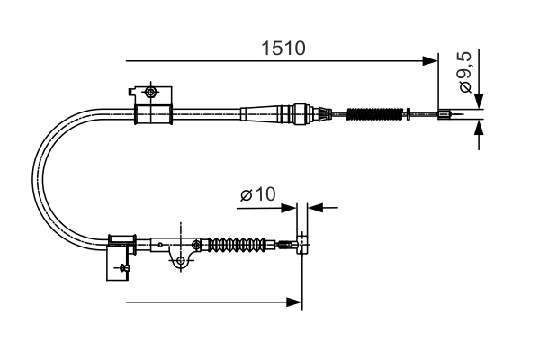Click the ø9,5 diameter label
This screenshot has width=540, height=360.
tap(465, 75)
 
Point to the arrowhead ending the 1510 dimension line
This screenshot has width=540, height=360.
tap(431, 61)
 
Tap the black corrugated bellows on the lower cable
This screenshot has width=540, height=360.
tap(238, 244)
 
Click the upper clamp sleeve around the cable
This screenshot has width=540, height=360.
tap(152, 114)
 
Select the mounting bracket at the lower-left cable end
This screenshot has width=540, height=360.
tap(120, 257)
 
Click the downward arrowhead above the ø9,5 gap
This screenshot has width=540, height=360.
tap(479, 101)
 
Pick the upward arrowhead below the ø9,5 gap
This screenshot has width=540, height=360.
tap(479, 128)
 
